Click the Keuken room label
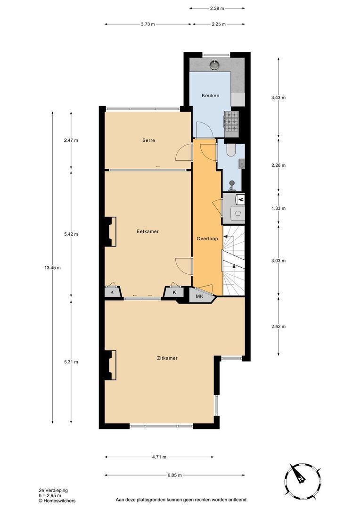pos(210,95)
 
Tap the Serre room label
pos(149,140)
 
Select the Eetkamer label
pos(147,231)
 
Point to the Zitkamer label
pos(167,358)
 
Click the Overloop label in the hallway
pos(207,238)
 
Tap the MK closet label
pos(199,296)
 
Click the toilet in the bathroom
pos(231,150)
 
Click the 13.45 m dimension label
pos(52,268)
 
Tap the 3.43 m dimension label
pos(278,98)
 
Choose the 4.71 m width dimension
pos(159,457)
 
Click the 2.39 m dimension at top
pos(217,8)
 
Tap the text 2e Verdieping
pos(53,490)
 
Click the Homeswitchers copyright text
pos(57,501)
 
